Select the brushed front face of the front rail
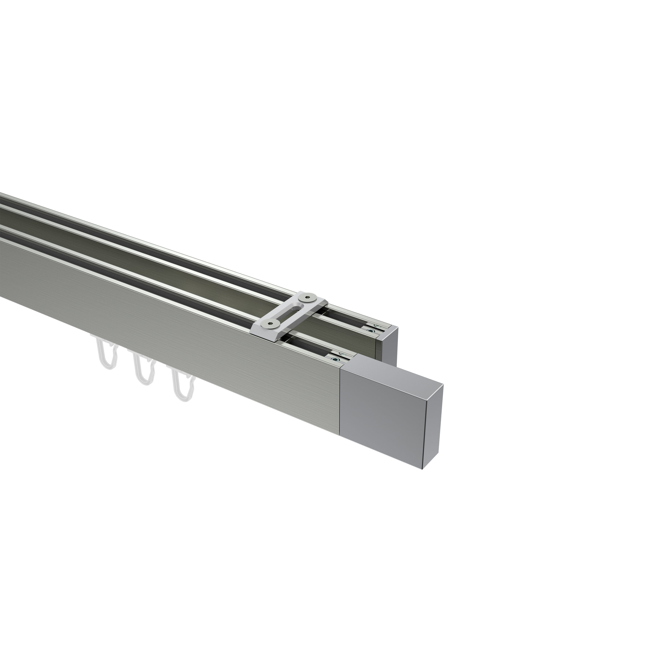click(171, 308)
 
